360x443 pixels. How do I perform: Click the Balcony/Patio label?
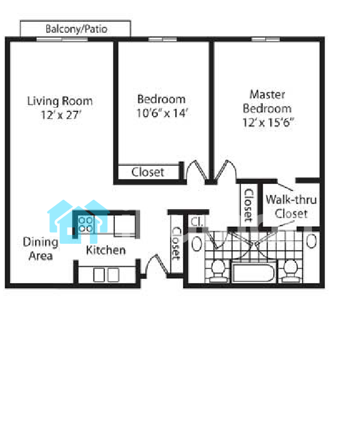(x=76, y=29)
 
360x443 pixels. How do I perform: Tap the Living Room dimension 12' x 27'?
(x=61, y=115)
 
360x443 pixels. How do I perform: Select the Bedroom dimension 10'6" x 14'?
(x=162, y=113)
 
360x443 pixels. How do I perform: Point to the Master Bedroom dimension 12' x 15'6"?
(x=268, y=122)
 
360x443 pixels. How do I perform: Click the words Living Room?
(x=60, y=101)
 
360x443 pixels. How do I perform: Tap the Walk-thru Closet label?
(x=291, y=206)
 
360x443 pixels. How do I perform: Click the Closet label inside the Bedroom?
(x=148, y=172)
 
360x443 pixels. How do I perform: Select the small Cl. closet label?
(x=196, y=221)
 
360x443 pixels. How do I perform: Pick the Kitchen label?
(x=106, y=250)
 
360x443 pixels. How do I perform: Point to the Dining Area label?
(x=40, y=248)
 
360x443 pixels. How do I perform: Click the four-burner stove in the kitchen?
(x=86, y=224)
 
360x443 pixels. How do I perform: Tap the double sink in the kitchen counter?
(x=106, y=275)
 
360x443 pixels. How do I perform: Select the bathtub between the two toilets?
(x=253, y=272)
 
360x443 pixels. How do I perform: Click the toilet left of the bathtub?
(x=218, y=271)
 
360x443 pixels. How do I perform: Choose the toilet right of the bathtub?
(x=290, y=271)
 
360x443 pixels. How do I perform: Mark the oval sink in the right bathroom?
(x=311, y=241)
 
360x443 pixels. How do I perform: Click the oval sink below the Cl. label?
(x=197, y=244)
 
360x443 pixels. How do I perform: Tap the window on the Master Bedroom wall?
(x=266, y=39)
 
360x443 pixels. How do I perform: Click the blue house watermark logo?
(x=79, y=221)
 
